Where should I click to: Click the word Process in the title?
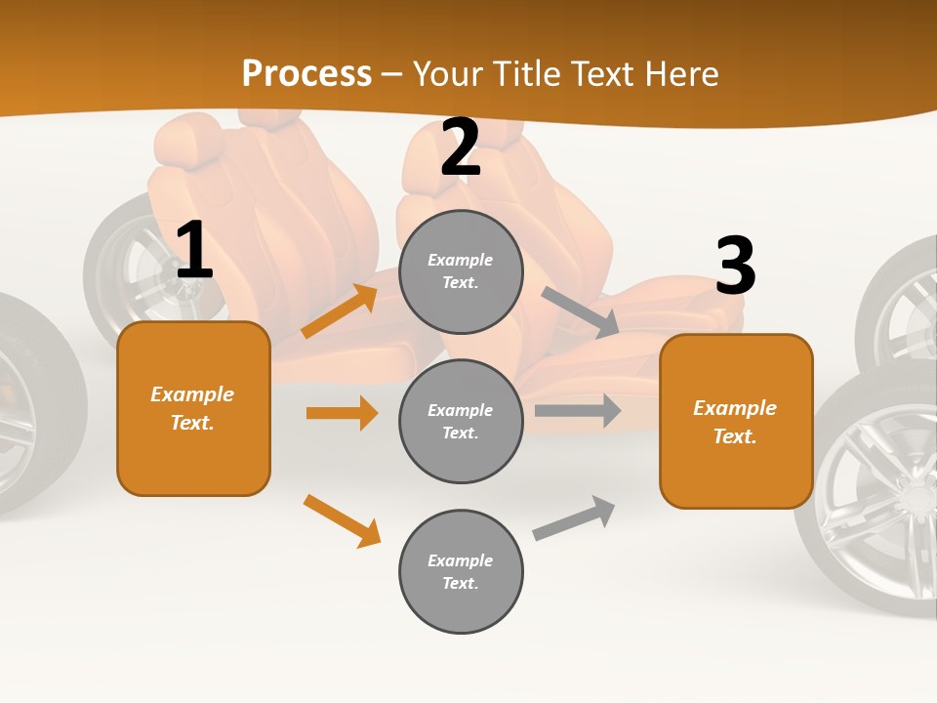(x=306, y=74)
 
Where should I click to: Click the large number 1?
(x=193, y=251)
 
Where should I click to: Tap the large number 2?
(x=461, y=148)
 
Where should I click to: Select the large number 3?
(x=735, y=267)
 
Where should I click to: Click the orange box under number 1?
(x=193, y=408)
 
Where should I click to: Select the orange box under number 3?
(x=736, y=422)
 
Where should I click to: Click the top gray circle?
(x=461, y=271)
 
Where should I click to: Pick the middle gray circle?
(x=461, y=421)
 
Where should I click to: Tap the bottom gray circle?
(x=461, y=571)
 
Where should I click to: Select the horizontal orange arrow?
(x=342, y=413)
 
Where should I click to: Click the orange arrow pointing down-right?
(x=342, y=520)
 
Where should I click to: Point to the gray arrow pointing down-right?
(x=581, y=312)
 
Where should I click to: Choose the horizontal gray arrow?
(x=578, y=411)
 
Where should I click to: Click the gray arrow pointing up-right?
(x=575, y=517)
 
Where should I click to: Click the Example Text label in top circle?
(x=461, y=271)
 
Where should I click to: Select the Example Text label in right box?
(x=735, y=422)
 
